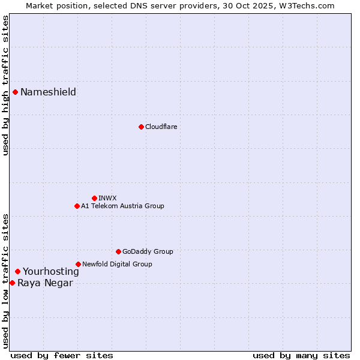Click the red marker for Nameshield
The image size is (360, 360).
point(15,92)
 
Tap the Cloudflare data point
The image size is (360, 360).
point(141,127)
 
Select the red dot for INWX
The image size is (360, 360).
point(94,198)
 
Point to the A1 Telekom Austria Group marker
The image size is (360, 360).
point(77,206)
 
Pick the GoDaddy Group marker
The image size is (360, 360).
point(118,251)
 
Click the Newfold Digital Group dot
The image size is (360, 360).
point(78,264)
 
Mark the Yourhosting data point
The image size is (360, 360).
point(17,271)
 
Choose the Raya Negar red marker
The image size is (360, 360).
point(12,283)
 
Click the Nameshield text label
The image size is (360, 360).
point(48,92)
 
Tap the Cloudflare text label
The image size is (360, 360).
point(161,127)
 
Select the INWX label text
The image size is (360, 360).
point(107,198)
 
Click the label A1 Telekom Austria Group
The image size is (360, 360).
point(122,206)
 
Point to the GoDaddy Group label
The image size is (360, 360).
point(148,251)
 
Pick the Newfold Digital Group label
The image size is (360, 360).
point(117,264)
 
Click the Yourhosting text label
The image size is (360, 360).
point(50,271)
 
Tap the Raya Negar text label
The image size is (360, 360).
point(45,283)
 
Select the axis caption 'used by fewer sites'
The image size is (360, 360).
point(62,355)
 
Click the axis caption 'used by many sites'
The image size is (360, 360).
point(301,355)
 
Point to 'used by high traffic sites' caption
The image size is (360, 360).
point(5,85)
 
